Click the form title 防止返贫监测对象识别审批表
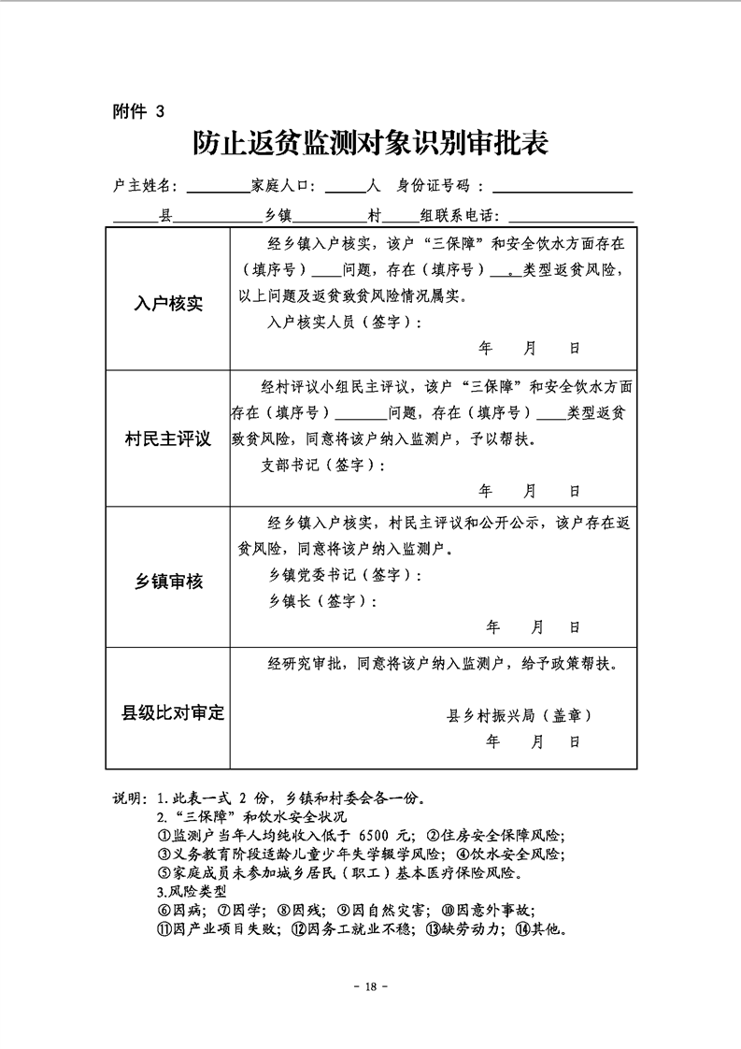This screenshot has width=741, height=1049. tap(370, 143)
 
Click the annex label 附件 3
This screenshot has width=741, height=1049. tap(137, 110)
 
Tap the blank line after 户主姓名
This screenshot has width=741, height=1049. tap(217, 190)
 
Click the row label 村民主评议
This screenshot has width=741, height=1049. tap(168, 438)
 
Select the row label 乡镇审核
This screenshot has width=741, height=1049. tap(168, 582)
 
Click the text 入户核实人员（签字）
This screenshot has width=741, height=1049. tap(344, 323)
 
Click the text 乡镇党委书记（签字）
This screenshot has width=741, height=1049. tap(345, 574)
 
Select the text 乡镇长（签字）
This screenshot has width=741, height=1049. tap(322, 601)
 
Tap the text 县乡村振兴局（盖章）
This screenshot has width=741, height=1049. tap(520, 715)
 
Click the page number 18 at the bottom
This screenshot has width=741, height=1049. tap(371, 986)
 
